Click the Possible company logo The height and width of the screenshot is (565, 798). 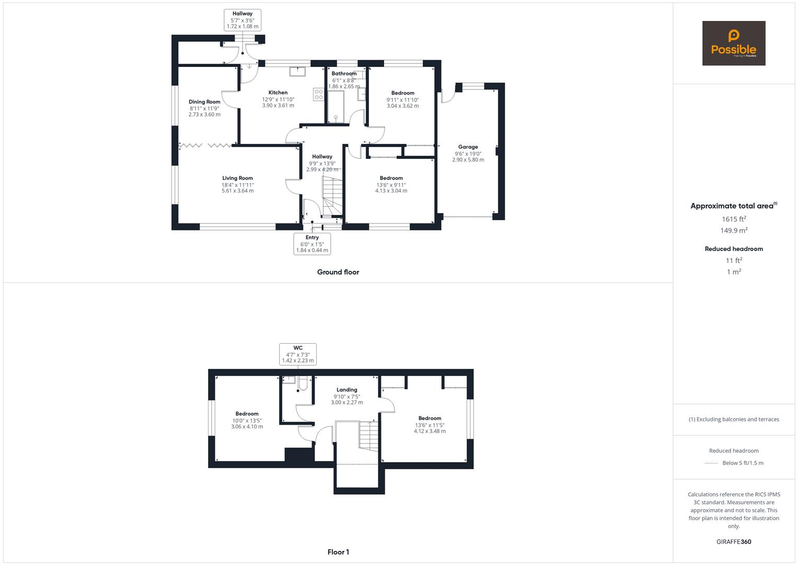tap(734, 43)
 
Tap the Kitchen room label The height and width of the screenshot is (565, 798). tap(278, 93)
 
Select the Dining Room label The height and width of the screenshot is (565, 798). tap(204, 101)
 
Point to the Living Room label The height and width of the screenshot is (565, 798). tap(238, 178)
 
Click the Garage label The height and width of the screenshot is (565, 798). tap(468, 146)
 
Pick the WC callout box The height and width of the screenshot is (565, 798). tap(298, 354)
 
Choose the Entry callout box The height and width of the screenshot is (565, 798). tap(312, 244)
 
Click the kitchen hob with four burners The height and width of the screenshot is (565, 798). tap(318, 95)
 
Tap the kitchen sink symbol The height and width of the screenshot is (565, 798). tap(297, 71)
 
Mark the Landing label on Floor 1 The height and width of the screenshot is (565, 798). tap(347, 390)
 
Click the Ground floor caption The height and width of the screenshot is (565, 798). tap(338, 272)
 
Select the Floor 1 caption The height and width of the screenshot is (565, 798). tap(338, 552)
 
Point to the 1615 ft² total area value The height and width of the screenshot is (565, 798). tap(734, 219)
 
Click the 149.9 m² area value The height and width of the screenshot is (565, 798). tap(734, 230)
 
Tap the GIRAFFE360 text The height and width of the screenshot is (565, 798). tap(734, 542)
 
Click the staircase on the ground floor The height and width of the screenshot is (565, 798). tap(332, 197)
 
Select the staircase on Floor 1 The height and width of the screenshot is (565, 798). tap(368, 436)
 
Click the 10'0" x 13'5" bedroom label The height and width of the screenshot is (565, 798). tap(247, 420)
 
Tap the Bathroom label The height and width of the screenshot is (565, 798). tap(344, 73)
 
